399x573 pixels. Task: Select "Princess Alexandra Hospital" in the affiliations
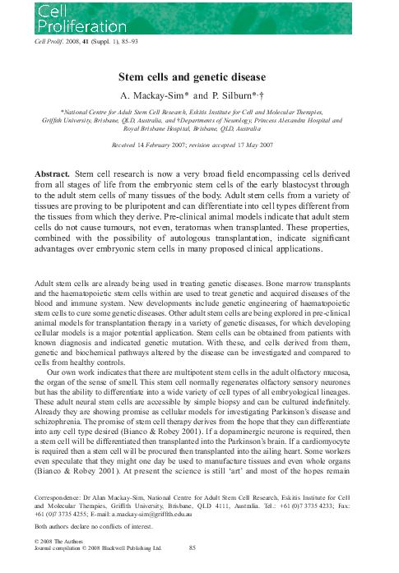pyautogui.click(x=322, y=118)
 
